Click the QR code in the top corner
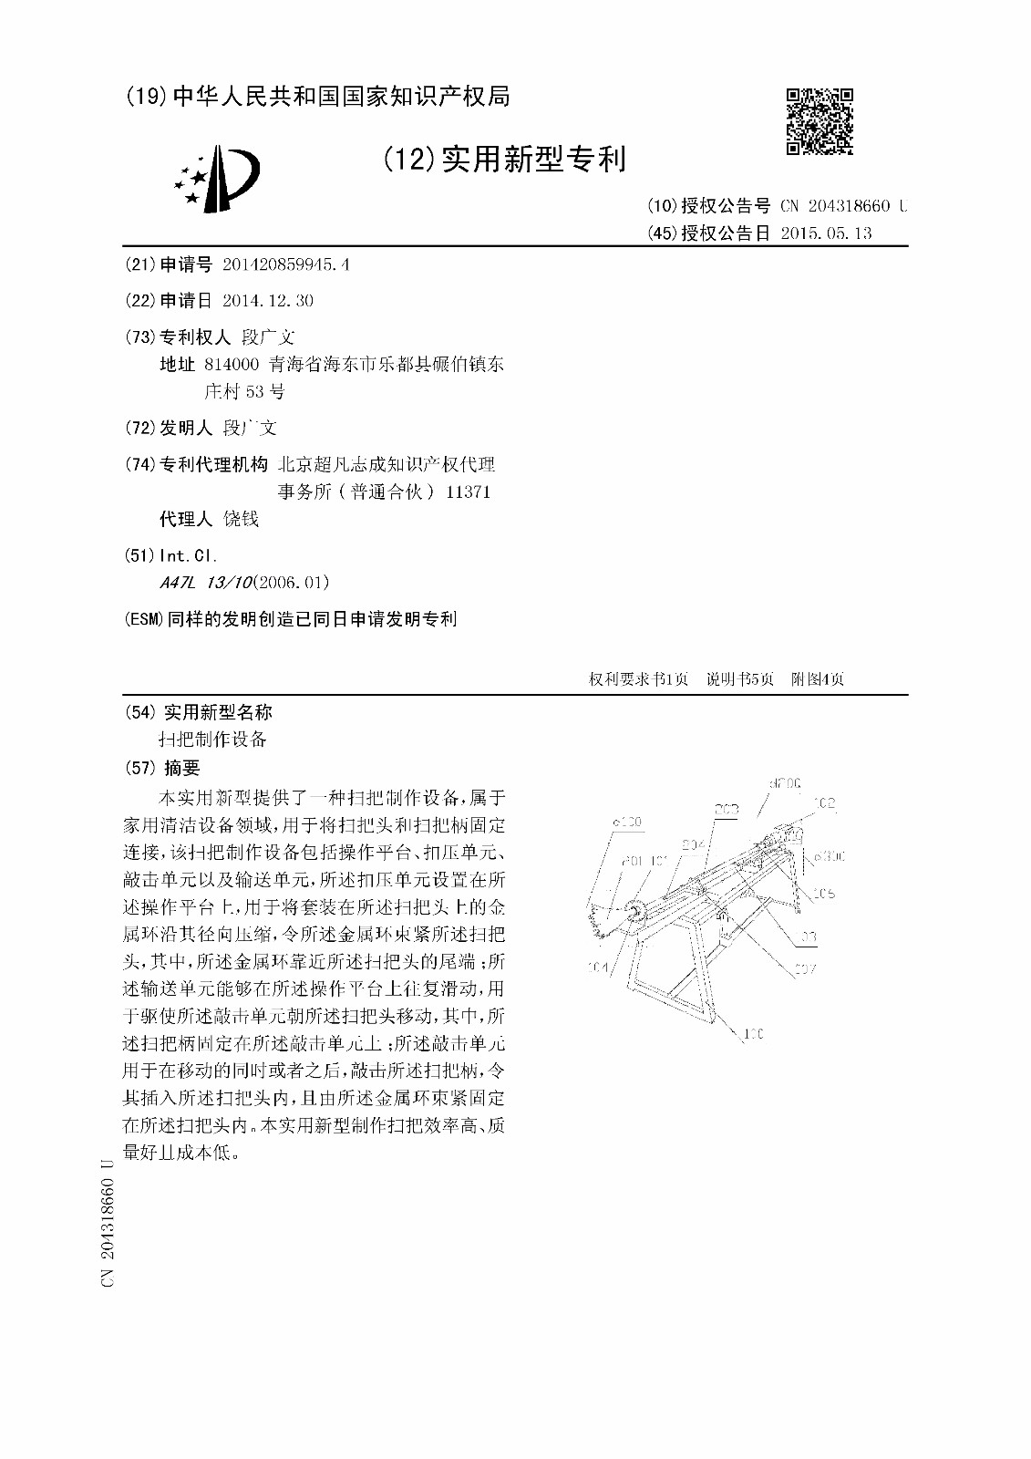point(820,121)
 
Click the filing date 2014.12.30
point(268,301)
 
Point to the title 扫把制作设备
point(213,740)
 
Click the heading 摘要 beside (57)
point(180,769)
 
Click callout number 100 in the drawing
point(753,1034)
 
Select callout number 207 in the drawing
point(803,969)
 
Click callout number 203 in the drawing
point(726,809)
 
